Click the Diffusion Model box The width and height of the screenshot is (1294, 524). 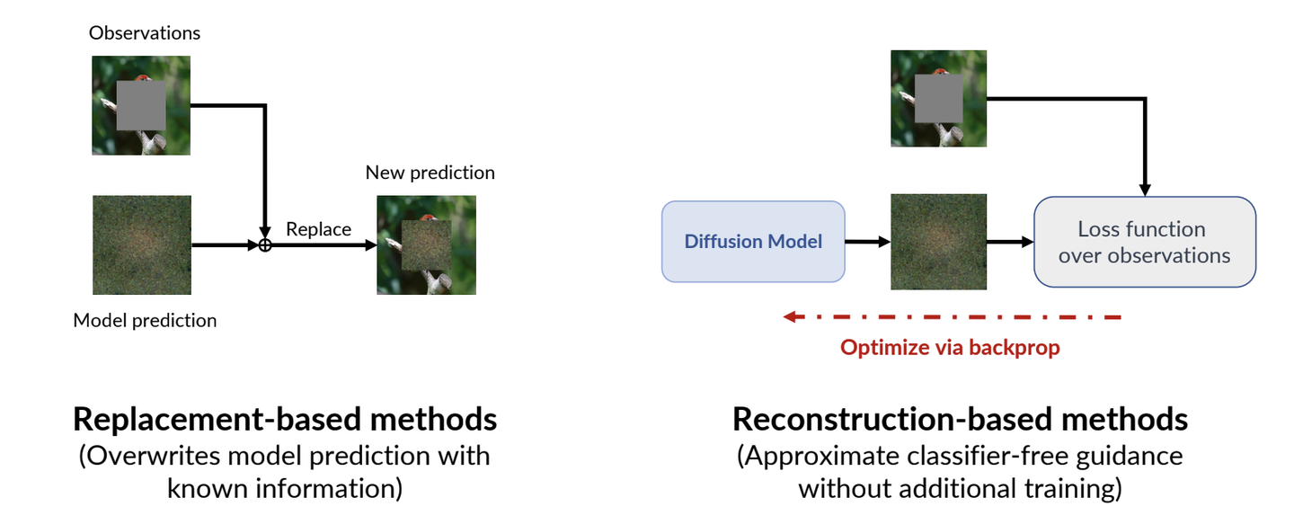[753, 242]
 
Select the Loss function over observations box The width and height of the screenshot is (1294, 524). [1145, 242]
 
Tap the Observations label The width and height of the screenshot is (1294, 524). [145, 33]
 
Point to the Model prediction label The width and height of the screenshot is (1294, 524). [145, 320]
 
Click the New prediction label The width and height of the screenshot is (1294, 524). [430, 173]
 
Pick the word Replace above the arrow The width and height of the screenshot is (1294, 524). [318, 229]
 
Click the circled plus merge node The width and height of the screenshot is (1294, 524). [264, 245]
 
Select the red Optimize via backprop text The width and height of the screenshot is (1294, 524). [950, 347]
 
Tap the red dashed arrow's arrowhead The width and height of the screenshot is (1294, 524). [791, 316]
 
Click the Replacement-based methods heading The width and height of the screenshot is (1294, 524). [285, 419]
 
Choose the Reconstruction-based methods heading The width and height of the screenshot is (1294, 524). [960, 419]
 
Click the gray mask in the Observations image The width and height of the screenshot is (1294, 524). [141, 105]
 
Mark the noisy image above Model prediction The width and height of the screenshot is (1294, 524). [142, 245]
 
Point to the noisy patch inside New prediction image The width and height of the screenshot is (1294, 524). [426, 245]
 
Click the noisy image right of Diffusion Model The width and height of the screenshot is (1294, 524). [939, 242]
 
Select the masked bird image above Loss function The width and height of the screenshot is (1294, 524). [939, 98]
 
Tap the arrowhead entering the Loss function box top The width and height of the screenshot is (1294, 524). [1145, 191]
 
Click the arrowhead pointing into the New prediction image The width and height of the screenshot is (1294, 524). [371, 245]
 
